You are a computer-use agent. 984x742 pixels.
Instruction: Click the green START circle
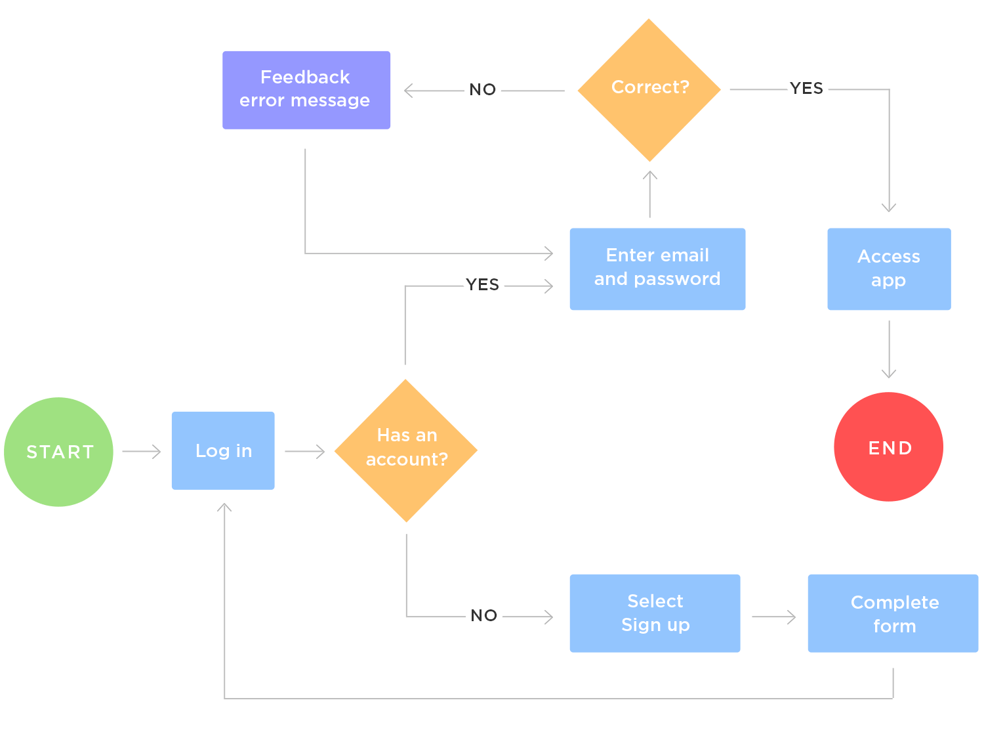[x=58, y=452]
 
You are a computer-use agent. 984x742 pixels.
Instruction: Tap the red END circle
[x=888, y=447]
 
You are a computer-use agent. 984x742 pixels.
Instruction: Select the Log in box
[x=223, y=450]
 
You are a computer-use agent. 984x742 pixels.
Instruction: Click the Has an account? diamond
[x=406, y=450]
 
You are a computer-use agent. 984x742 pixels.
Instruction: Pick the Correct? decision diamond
[x=649, y=90]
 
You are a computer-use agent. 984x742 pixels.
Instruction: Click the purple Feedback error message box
[x=306, y=90]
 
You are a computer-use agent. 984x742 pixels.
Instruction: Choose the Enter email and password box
[x=657, y=269]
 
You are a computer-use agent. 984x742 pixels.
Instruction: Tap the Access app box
[x=889, y=269]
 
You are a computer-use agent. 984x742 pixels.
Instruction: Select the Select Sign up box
[x=655, y=613]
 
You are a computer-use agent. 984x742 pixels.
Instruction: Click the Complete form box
[x=893, y=613]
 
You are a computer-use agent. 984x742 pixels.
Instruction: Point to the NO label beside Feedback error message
[x=482, y=90]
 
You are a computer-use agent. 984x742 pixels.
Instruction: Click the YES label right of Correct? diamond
[x=806, y=89]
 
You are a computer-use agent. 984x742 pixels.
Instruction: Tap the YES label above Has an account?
[x=482, y=285]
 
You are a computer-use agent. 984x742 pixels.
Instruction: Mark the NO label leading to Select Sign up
[x=483, y=616]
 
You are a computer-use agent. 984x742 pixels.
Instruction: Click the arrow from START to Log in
[x=142, y=452]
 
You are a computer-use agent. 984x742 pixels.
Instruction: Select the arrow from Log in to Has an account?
[x=305, y=452]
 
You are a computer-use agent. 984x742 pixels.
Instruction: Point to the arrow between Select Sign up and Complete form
[x=774, y=617]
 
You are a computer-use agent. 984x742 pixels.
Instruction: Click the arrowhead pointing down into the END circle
[x=889, y=374]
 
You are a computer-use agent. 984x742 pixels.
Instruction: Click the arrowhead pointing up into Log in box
[x=224, y=508]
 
